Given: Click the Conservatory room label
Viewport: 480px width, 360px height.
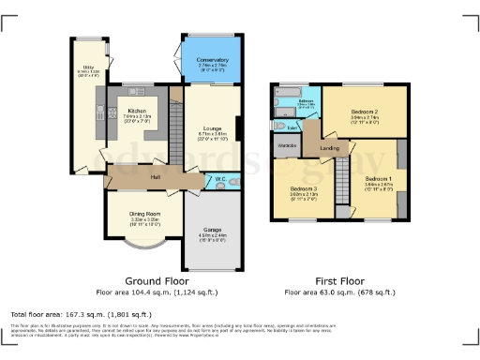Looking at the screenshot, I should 212,60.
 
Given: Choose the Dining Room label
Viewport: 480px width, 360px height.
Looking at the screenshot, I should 144,213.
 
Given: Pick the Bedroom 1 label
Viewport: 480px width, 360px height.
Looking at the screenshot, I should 379,178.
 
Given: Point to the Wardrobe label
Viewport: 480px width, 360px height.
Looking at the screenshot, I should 286,146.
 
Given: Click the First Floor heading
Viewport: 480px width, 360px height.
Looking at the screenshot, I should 338,280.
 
